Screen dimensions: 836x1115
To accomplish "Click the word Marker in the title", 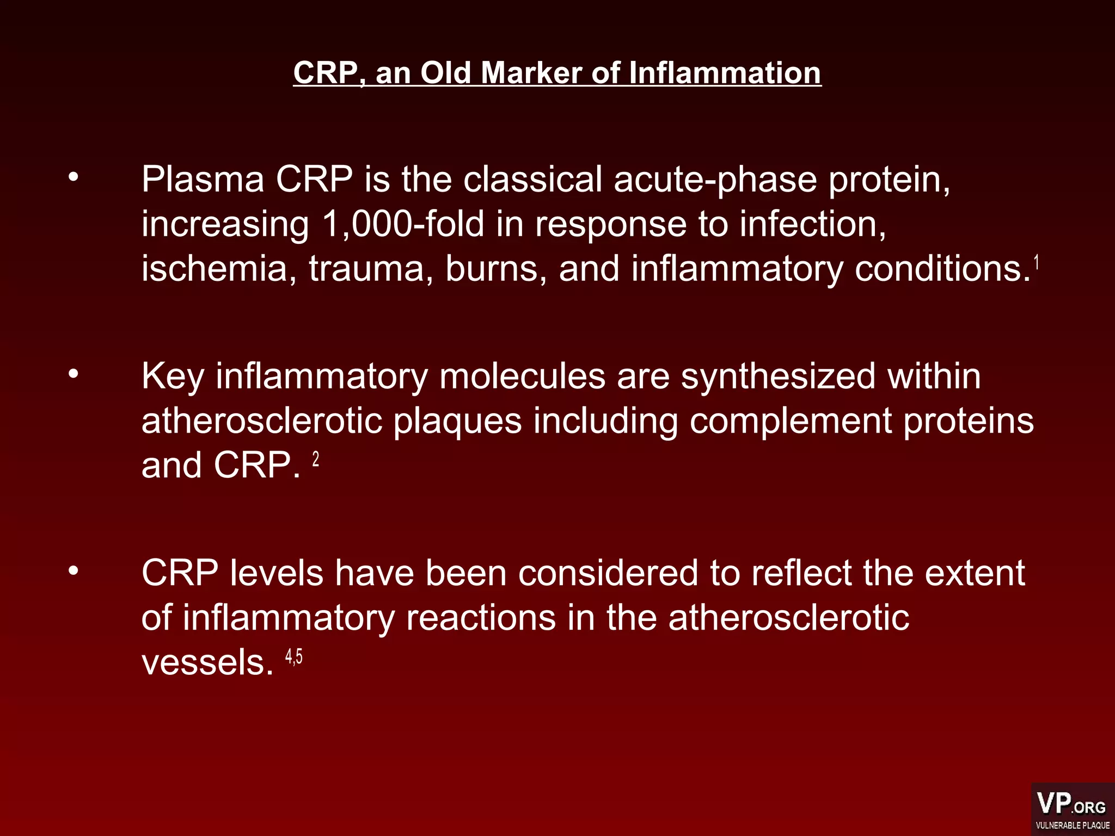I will tap(531, 73).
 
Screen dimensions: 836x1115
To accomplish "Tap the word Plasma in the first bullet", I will tap(203, 180).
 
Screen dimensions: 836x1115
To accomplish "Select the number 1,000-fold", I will tap(403, 224).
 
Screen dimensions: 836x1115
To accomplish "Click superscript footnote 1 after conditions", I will tap(1037, 262).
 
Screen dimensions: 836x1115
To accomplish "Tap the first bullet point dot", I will tap(73, 176).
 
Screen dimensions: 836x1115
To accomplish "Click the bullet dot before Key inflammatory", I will tap(73, 373).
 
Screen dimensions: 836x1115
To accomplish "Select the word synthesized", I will tap(778, 377).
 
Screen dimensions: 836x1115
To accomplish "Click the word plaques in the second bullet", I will tap(457, 421).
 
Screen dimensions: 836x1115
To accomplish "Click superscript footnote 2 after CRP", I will tap(316, 460).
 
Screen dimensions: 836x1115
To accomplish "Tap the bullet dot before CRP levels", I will tap(73, 570).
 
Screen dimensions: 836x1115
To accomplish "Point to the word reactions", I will tap(481, 618).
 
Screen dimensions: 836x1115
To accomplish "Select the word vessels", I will tap(207, 663).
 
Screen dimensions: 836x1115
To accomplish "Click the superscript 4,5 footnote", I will tap(294, 657).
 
